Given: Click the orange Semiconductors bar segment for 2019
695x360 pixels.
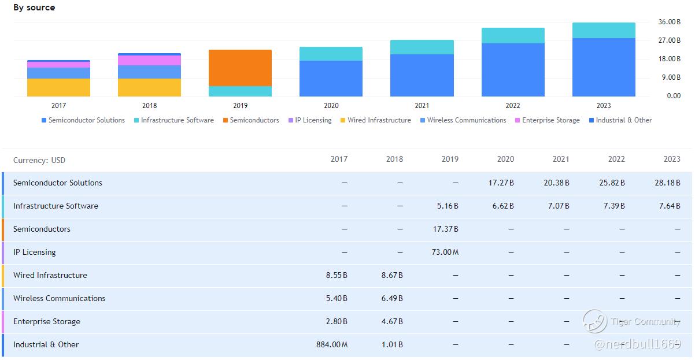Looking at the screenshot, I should (240, 68).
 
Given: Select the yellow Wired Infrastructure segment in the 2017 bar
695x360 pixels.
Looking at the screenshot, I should (58, 87).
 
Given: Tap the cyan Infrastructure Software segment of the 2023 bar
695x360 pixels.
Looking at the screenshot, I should (604, 30).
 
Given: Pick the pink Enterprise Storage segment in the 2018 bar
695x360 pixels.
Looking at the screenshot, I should (149, 60).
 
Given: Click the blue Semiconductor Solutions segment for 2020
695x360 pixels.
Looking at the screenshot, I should (331, 78).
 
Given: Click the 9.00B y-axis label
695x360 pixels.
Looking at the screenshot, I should (670, 77).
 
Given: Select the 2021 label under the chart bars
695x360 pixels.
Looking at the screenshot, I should (422, 106).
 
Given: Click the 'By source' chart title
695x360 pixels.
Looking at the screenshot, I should (35, 8).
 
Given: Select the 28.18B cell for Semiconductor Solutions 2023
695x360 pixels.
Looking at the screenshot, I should (670, 183).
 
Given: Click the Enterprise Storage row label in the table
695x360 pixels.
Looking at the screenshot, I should (47, 321).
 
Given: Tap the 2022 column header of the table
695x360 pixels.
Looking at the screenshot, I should (616, 159).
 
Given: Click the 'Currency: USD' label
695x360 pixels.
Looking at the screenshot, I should (39, 160).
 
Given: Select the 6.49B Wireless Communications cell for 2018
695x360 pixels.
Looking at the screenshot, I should (392, 298).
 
